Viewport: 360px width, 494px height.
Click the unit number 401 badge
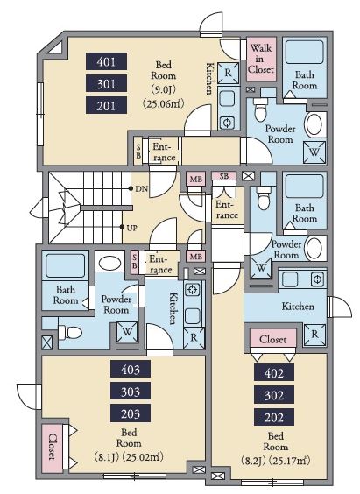pos(107,61)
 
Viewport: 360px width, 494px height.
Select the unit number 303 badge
pos(131,392)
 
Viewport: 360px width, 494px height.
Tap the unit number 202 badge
pos(274,418)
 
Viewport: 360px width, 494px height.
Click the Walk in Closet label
pos(261,59)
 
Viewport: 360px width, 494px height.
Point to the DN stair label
pos(141,189)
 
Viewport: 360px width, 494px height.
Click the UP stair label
pos(131,228)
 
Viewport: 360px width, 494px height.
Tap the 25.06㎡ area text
pos(163,103)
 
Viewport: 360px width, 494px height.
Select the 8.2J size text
pos(252,461)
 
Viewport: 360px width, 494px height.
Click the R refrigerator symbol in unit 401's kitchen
pos(228,73)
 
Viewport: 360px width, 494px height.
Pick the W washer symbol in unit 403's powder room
pos(127,332)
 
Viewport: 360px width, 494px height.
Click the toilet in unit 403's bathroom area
pos(70,333)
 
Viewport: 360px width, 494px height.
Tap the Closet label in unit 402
pos(273,339)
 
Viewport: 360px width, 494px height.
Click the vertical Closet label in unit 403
pos(53,447)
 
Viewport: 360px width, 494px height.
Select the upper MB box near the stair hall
pos(196,179)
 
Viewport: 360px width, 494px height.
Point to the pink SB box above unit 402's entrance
pos(223,176)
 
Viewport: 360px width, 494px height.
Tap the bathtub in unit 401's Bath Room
pos(304,52)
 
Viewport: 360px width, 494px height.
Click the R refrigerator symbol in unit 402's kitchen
pos(314,335)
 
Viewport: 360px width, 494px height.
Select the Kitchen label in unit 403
pos(173,308)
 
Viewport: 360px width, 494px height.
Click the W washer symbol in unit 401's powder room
pos(314,152)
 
